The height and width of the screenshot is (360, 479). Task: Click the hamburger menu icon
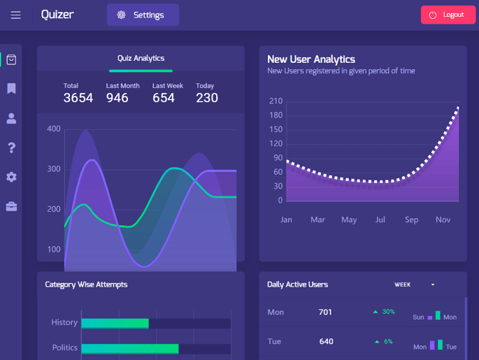click(15, 15)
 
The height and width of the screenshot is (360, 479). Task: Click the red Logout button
click(448, 15)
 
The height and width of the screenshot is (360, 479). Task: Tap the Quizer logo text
click(57, 15)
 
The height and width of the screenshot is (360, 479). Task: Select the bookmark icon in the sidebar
click(11, 89)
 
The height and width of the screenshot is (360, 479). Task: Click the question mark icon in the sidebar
click(11, 147)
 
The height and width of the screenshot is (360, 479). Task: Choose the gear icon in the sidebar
click(11, 177)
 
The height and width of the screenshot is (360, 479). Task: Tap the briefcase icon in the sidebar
click(11, 206)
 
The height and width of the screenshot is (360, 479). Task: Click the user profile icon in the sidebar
click(11, 118)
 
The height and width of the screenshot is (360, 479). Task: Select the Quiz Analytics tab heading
click(141, 59)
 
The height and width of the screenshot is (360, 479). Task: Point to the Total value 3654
click(78, 98)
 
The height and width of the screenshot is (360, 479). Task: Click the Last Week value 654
click(164, 98)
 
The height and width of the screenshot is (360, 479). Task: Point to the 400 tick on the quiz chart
click(54, 129)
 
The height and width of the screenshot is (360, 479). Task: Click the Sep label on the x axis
click(411, 219)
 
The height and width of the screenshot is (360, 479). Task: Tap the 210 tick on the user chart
click(276, 101)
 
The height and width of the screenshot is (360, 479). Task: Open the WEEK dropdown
click(415, 285)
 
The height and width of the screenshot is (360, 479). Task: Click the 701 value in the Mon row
click(325, 312)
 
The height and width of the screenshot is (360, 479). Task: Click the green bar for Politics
click(130, 348)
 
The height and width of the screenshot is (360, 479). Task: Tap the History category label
click(64, 322)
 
